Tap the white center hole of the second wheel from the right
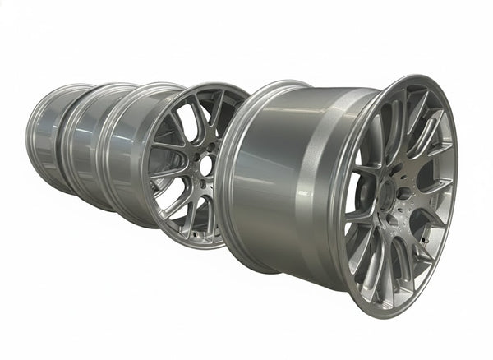coord(205,165)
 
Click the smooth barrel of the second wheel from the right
coord(123,156)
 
